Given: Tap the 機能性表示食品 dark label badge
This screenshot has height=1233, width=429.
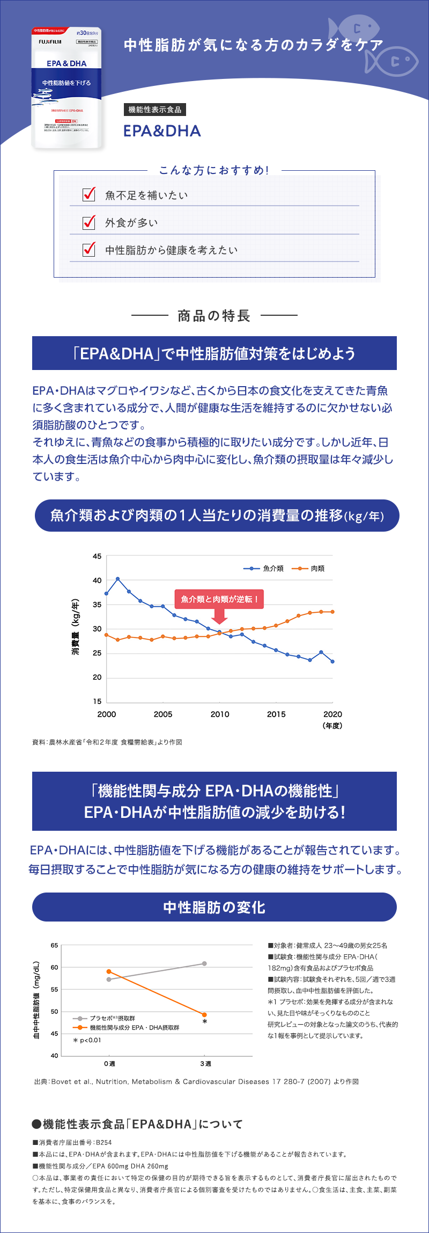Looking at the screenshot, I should (x=154, y=110).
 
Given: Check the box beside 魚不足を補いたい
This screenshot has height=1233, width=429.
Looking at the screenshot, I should (x=89, y=194).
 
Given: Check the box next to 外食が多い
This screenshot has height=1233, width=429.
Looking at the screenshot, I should (x=89, y=222).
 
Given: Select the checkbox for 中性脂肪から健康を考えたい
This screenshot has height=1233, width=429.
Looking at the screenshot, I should (x=89, y=249).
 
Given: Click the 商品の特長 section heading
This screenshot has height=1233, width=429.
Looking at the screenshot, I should (x=214, y=316).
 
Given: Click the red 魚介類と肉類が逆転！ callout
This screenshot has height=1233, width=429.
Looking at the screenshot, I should (x=219, y=599).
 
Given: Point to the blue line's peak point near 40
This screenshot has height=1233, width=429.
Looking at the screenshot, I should (x=117, y=579).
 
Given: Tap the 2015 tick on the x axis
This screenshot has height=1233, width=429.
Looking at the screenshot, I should (x=276, y=714).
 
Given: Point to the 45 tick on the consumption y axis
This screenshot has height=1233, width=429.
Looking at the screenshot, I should (x=97, y=556).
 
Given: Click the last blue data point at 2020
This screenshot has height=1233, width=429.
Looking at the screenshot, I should (x=332, y=662).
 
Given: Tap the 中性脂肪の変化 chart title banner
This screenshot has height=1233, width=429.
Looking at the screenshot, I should (x=214, y=907).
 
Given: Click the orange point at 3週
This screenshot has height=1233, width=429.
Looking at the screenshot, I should (x=204, y=1014).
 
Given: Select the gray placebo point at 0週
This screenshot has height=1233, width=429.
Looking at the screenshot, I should (x=109, y=979).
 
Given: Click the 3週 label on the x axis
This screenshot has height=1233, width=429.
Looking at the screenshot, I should (x=205, y=1063).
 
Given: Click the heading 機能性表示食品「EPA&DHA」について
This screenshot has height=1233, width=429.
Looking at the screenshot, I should (x=138, y=1124).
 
